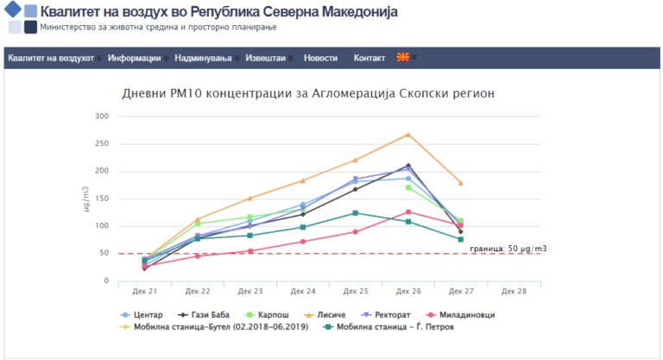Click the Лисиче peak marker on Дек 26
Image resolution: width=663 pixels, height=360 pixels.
click(x=408, y=135)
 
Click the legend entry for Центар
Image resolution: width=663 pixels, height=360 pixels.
click(x=145, y=314)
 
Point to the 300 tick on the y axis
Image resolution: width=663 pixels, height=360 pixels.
click(x=101, y=117)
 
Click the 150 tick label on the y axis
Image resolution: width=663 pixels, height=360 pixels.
click(x=101, y=199)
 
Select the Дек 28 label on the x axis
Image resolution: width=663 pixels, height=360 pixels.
click(x=514, y=292)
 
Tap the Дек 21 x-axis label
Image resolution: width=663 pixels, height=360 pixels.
click(x=145, y=292)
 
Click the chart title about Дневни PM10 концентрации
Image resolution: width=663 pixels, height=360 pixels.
click(x=308, y=93)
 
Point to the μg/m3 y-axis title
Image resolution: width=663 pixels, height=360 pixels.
click(x=86, y=199)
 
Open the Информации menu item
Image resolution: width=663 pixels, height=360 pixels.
click(x=135, y=58)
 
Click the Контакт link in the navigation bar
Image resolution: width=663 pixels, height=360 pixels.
click(x=369, y=58)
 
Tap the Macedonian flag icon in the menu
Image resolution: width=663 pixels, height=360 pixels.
click(x=402, y=58)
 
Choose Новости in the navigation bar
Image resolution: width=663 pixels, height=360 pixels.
click(x=321, y=58)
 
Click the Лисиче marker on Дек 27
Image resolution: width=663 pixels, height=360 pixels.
click(x=460, y=183)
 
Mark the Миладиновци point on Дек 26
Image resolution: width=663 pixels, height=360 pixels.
click(x=408, y=212)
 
